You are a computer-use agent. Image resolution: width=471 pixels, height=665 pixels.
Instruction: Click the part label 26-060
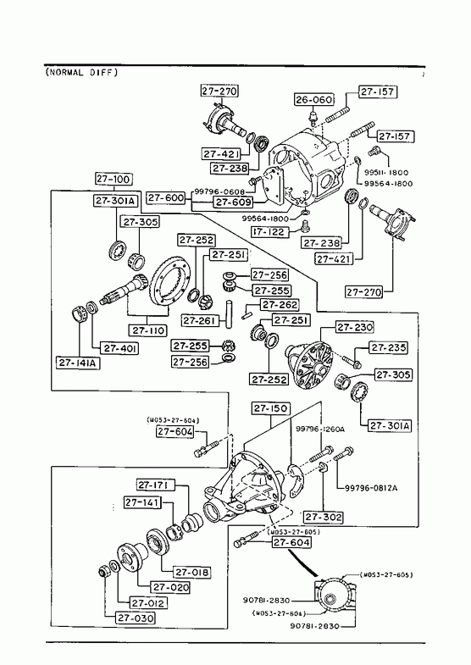pos(314,100)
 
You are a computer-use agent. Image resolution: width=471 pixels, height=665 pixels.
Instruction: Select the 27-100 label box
pos(113,179)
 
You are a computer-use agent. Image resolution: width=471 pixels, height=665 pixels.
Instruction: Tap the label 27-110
pos(148,330)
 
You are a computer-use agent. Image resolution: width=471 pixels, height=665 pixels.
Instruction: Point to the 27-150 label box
pos(271,408)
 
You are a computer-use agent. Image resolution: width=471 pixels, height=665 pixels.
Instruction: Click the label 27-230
pos(355,327)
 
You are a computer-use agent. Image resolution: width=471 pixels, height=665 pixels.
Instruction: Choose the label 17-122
pos(269,232)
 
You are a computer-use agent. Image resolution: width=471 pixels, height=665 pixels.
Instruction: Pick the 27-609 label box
pos(233,202)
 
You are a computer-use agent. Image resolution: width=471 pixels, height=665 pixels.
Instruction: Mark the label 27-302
pos(324,517)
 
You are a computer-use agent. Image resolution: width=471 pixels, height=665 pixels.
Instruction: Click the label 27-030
pos(136,618)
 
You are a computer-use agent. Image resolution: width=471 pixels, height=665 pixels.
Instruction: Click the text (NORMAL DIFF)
pos(81,73)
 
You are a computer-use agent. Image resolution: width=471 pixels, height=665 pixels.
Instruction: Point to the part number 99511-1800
pos(386,173)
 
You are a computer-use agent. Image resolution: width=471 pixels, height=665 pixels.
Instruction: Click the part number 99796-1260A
pos(320,429)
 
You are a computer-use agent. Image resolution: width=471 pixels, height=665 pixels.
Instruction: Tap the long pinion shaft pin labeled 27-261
pos(230,313)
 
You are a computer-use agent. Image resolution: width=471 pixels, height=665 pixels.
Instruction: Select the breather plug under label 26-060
pos(313,117)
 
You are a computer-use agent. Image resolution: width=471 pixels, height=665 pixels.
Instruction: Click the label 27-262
pos(280,304)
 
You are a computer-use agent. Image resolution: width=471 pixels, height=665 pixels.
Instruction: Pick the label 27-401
pos(120,348)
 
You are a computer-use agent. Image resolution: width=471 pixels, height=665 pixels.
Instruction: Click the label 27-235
pos(388,347)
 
